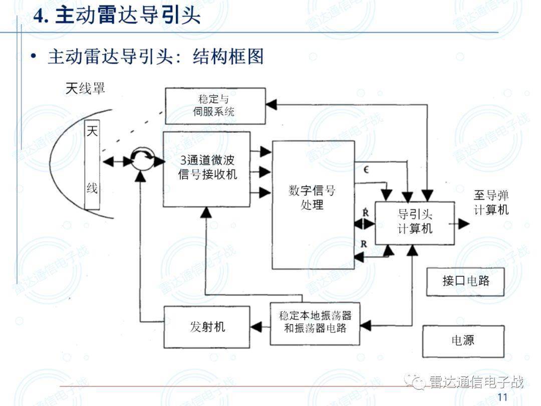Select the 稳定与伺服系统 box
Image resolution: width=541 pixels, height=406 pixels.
coord(215,106)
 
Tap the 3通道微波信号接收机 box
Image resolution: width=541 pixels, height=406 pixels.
coord(206,169)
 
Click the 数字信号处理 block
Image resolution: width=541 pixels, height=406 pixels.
coord(313,205)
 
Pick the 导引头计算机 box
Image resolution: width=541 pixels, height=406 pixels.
coord(415,223)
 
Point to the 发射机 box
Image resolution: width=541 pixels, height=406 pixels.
coord(207,327)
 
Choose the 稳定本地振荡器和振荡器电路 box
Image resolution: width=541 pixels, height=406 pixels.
coord(315,323)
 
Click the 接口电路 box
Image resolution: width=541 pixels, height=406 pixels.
coord(465,281)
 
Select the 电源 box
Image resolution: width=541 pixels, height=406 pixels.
coord(463,341)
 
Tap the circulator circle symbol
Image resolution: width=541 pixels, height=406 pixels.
coord(142,161)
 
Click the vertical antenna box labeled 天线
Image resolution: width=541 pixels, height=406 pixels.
coord(92,165)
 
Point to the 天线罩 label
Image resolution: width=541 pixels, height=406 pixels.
coord(85,89)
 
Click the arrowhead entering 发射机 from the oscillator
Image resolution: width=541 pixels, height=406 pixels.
coord(256,327)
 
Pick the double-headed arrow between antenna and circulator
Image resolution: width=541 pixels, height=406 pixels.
coord(115,161)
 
